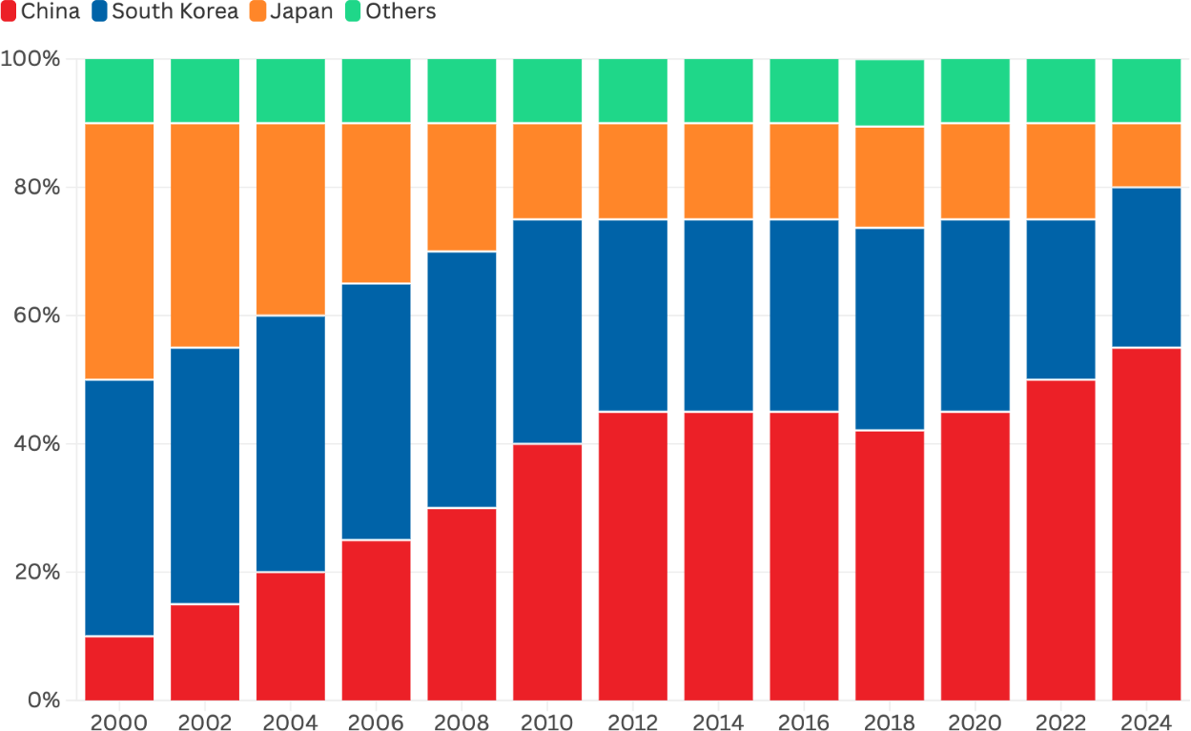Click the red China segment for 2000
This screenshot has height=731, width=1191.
click(119, 668)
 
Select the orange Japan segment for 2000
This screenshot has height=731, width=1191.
click(119, 252)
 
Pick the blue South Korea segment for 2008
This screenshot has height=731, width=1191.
click(462, 379)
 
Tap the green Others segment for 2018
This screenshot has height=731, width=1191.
click(890, 92)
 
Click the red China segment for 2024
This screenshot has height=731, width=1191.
click(1146, 524)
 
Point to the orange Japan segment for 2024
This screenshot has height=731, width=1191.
click(1146, 155)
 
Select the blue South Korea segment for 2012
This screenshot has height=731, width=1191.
click(632, 315)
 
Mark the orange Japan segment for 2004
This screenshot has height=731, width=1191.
click(291, 219)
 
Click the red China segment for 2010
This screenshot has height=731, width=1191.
click(547, 572)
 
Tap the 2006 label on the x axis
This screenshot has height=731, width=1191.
click(376, 721)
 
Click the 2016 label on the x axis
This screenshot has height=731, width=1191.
click(804, 721)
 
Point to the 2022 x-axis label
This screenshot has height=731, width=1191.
click(1060, 721)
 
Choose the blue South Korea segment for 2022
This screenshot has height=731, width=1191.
click(1060, 299)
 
